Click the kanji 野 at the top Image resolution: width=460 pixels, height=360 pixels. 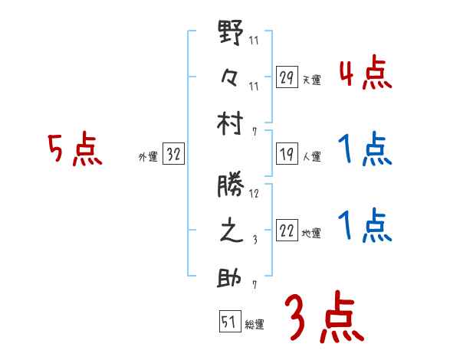pos(231,34)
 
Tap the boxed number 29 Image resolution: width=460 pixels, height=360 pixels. pos(287,78)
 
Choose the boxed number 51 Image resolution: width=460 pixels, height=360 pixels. pos(228,322)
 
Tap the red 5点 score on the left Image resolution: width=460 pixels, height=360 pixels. pos(74,150)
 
